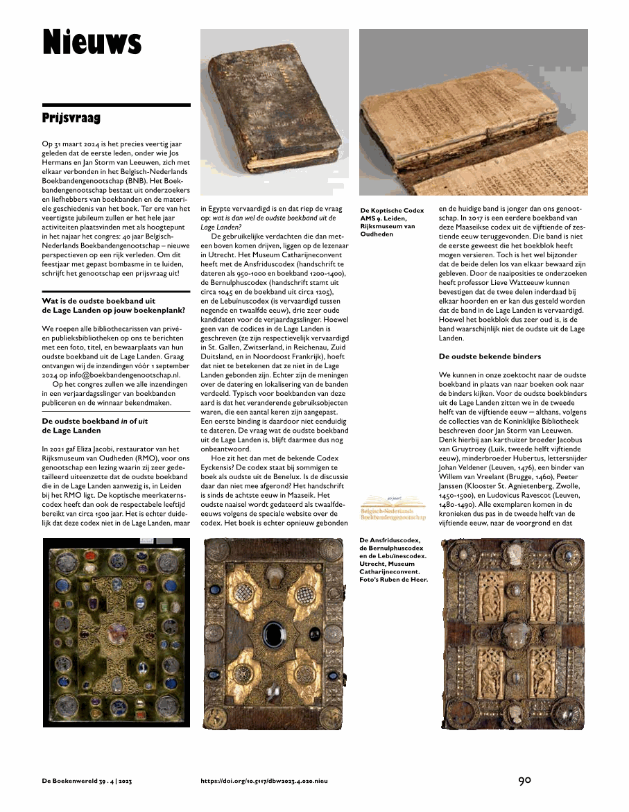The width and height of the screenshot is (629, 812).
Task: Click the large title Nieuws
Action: click(x=92, y=42)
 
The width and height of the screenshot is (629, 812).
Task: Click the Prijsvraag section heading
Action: click(x=71, y=118)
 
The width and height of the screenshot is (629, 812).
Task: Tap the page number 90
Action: click(x=524, y=780)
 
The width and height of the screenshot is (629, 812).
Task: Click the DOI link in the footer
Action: click(x=264, y=781)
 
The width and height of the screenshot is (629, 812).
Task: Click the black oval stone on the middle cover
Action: click(x=272, y=632)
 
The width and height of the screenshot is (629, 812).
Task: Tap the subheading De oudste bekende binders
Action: click(x=490, y=356)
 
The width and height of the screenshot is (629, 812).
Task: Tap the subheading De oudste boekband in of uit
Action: click(x=95, y=425)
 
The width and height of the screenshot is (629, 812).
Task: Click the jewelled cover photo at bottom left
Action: click(x=116, y=632)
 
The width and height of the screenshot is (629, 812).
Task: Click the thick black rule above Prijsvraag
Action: click(x=116, y=105)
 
